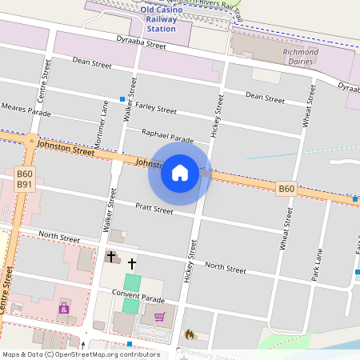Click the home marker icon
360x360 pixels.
[180, 172]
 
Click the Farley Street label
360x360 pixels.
[155, 107]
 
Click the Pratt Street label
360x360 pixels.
[154, 210]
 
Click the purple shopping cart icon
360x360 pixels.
[159, 317]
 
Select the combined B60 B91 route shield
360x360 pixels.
[25, 178]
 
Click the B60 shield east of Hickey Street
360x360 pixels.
[286, 189]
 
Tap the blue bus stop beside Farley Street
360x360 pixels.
[122, 99]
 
